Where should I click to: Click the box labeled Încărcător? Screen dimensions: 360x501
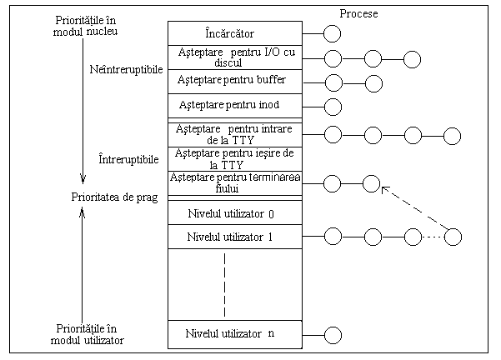(x=235, y=32)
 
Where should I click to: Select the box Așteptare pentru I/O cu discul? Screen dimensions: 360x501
(x=235, y=58)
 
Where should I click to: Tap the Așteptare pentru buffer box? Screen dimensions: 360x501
(x=235, y=82)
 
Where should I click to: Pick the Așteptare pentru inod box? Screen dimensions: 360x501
(x=235, y=107)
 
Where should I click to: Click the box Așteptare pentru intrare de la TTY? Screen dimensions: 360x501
(x=235, y=133)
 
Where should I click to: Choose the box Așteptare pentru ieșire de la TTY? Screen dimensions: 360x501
(x=235, y=157)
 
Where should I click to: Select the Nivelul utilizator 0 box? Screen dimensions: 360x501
(x=235, y=212)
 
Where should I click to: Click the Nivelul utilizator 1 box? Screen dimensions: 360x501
(x=235, y=237)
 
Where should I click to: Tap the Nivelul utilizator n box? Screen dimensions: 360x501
(x=235, y=334)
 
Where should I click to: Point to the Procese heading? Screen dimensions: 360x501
(x=359, y=13)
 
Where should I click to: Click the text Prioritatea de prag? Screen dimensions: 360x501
(x=108, y=197)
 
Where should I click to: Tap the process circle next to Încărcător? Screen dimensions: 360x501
(x=333, y=33)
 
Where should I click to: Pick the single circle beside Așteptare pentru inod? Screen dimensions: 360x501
(x=333, y=106)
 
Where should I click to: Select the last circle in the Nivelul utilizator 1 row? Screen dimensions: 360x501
(x=453, y=237)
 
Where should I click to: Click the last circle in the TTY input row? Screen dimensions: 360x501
(x=453, y=134)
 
